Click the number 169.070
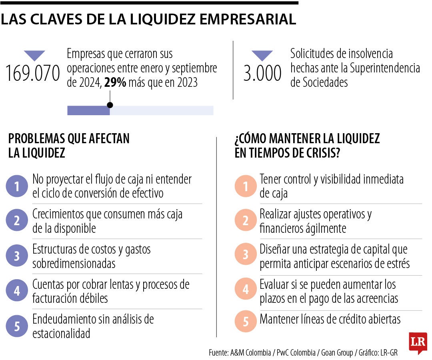click(x=33, y=74)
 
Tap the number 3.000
click(x=262, y=74)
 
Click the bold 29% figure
click(x=115, y=83)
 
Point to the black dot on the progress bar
click(x=110, y=105)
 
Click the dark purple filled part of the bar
click(x=88, y=110)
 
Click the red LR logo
click(x=418, y=343)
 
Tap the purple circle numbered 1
click(x=17, y=186)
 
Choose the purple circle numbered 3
click(x=17, y=256)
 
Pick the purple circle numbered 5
click(x=17, y=326)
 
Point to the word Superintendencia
click(x=385, y=68)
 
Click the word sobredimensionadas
click(x=74, y=264)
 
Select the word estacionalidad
click(x=61, y=333)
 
